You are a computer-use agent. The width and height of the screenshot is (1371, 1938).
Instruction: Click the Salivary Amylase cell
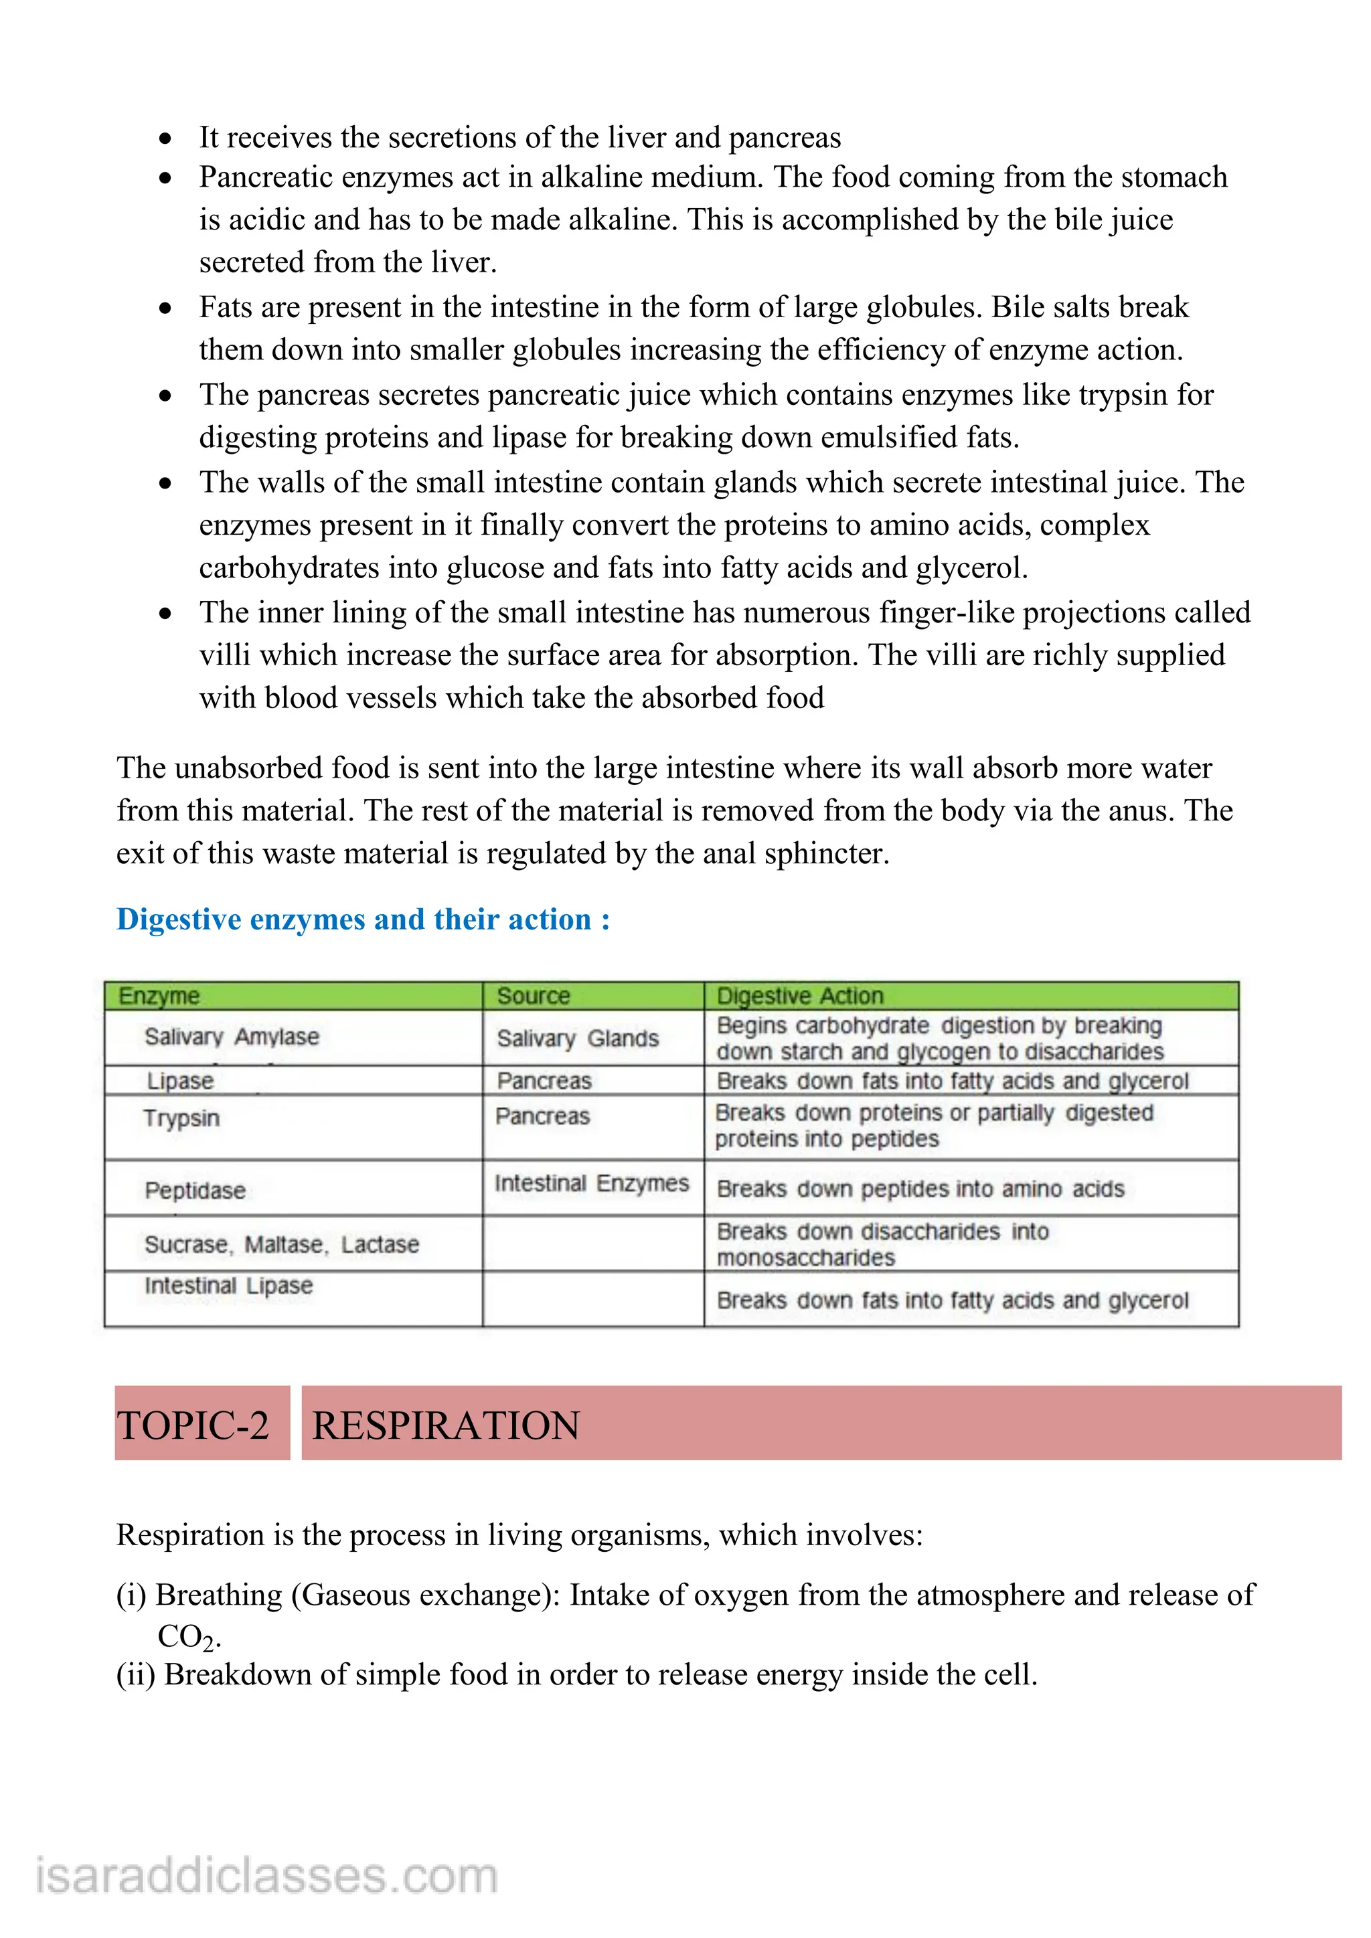(x=232, y=1037)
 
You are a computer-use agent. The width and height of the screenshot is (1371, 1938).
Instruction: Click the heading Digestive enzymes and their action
(x=363, y=919)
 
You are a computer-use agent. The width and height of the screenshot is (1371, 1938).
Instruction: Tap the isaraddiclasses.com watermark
(x=267, y=1876)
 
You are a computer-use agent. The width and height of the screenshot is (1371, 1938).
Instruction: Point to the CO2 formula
(x=187, y=1638)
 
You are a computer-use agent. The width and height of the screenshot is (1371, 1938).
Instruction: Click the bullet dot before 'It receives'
(x=165, y=138)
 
